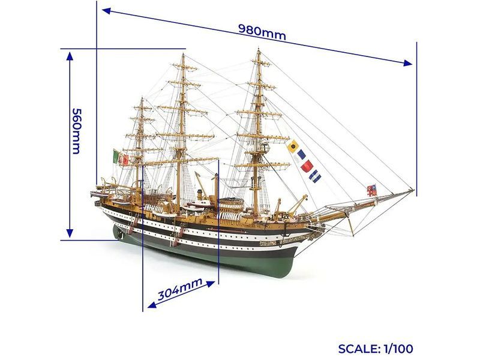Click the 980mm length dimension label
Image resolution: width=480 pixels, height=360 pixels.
262,32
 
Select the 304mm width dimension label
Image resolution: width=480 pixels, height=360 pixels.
180,289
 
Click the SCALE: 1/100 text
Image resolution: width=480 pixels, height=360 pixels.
376,349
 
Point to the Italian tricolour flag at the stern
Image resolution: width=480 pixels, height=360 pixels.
116,157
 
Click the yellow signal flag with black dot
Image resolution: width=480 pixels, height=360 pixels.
293,146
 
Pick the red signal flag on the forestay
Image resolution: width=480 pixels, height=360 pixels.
307,166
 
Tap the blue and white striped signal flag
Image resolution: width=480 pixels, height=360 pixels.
315,176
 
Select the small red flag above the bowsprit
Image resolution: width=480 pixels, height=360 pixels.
371,190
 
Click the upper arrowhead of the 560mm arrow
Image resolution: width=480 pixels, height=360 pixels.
70,56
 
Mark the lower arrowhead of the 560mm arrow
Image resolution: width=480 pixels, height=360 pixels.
70,233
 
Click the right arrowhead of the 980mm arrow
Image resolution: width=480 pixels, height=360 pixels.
408,64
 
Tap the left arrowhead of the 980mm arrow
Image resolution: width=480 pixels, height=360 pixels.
106,11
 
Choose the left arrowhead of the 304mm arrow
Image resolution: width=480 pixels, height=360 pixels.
152,304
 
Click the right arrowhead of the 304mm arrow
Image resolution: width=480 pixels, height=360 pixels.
211,284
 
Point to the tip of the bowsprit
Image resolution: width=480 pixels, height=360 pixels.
414,190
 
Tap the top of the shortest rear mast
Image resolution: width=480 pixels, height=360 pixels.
142,98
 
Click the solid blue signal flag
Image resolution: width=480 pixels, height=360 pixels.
301,155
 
